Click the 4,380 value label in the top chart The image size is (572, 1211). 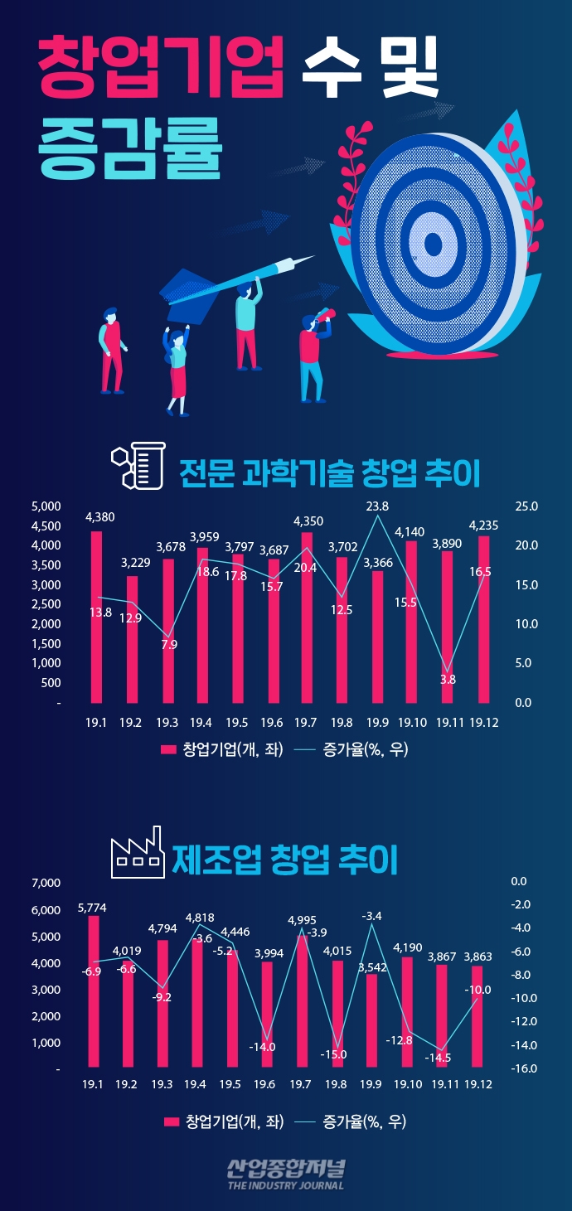coord(100,517)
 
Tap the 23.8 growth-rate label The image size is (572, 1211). coord(377,506)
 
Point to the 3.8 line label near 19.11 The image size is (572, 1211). coord(448,680)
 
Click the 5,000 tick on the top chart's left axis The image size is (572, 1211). coord(46,506)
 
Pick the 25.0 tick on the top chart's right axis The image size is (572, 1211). coord(526,506)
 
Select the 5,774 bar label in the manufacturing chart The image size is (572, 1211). coord(93,908)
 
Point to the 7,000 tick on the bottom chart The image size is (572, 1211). coord(46,884)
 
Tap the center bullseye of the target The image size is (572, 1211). coord(433,245)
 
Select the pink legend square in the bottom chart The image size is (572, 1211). coord(172,1121)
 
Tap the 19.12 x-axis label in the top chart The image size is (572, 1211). coord(483,724)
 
